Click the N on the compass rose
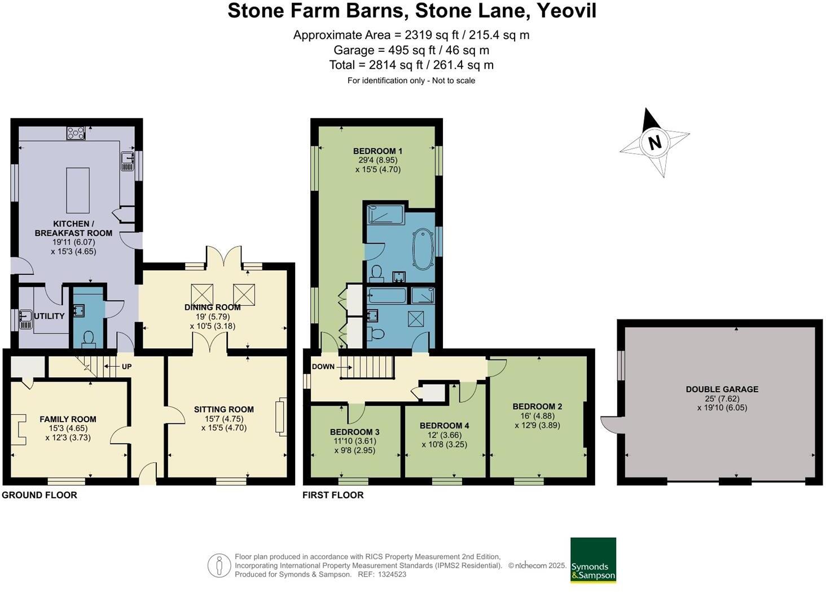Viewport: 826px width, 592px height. pyautogui.click(x=654, y=142)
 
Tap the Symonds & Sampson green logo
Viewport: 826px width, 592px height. pyautogui.click(x=593, y=560)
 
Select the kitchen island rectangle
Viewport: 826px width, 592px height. pyautogui.click(x=78, y=190)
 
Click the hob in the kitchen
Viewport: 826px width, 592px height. pyautogui.click(x=76, y=133)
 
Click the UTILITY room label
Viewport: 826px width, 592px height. pyautogui.click(x=49, y=316)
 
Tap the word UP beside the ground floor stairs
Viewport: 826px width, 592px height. pyautogui.click(x=126, y=367)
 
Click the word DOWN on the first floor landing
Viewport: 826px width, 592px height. pyautogui.click(x=323, y=367)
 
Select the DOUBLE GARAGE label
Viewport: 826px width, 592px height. pyautogui.click(x=722, y=389)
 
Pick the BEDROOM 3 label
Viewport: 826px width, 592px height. pyautogui.click(x=355, y=432)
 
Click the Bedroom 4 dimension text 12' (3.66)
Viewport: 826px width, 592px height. pyautogui.click(x=445, y=435)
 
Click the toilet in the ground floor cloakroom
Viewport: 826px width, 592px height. pyautogui.click(x=89, y=339)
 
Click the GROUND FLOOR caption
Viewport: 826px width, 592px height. pyautogui.click(x=39, y=495)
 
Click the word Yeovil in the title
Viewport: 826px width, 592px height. pyautogui.click(x=566, y=10)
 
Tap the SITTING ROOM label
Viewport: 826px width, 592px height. pyautogui.click(x=224, y=409)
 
